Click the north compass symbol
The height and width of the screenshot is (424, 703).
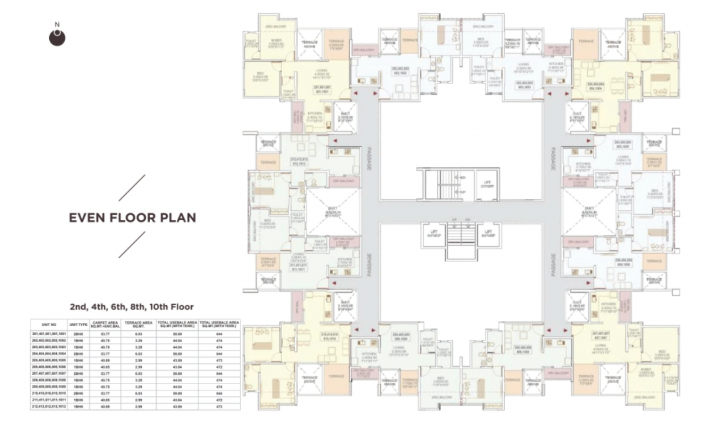(57, 36)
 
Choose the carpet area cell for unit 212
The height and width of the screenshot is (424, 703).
(102, 406)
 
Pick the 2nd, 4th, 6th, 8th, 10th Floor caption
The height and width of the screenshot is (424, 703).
(131, 306)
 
